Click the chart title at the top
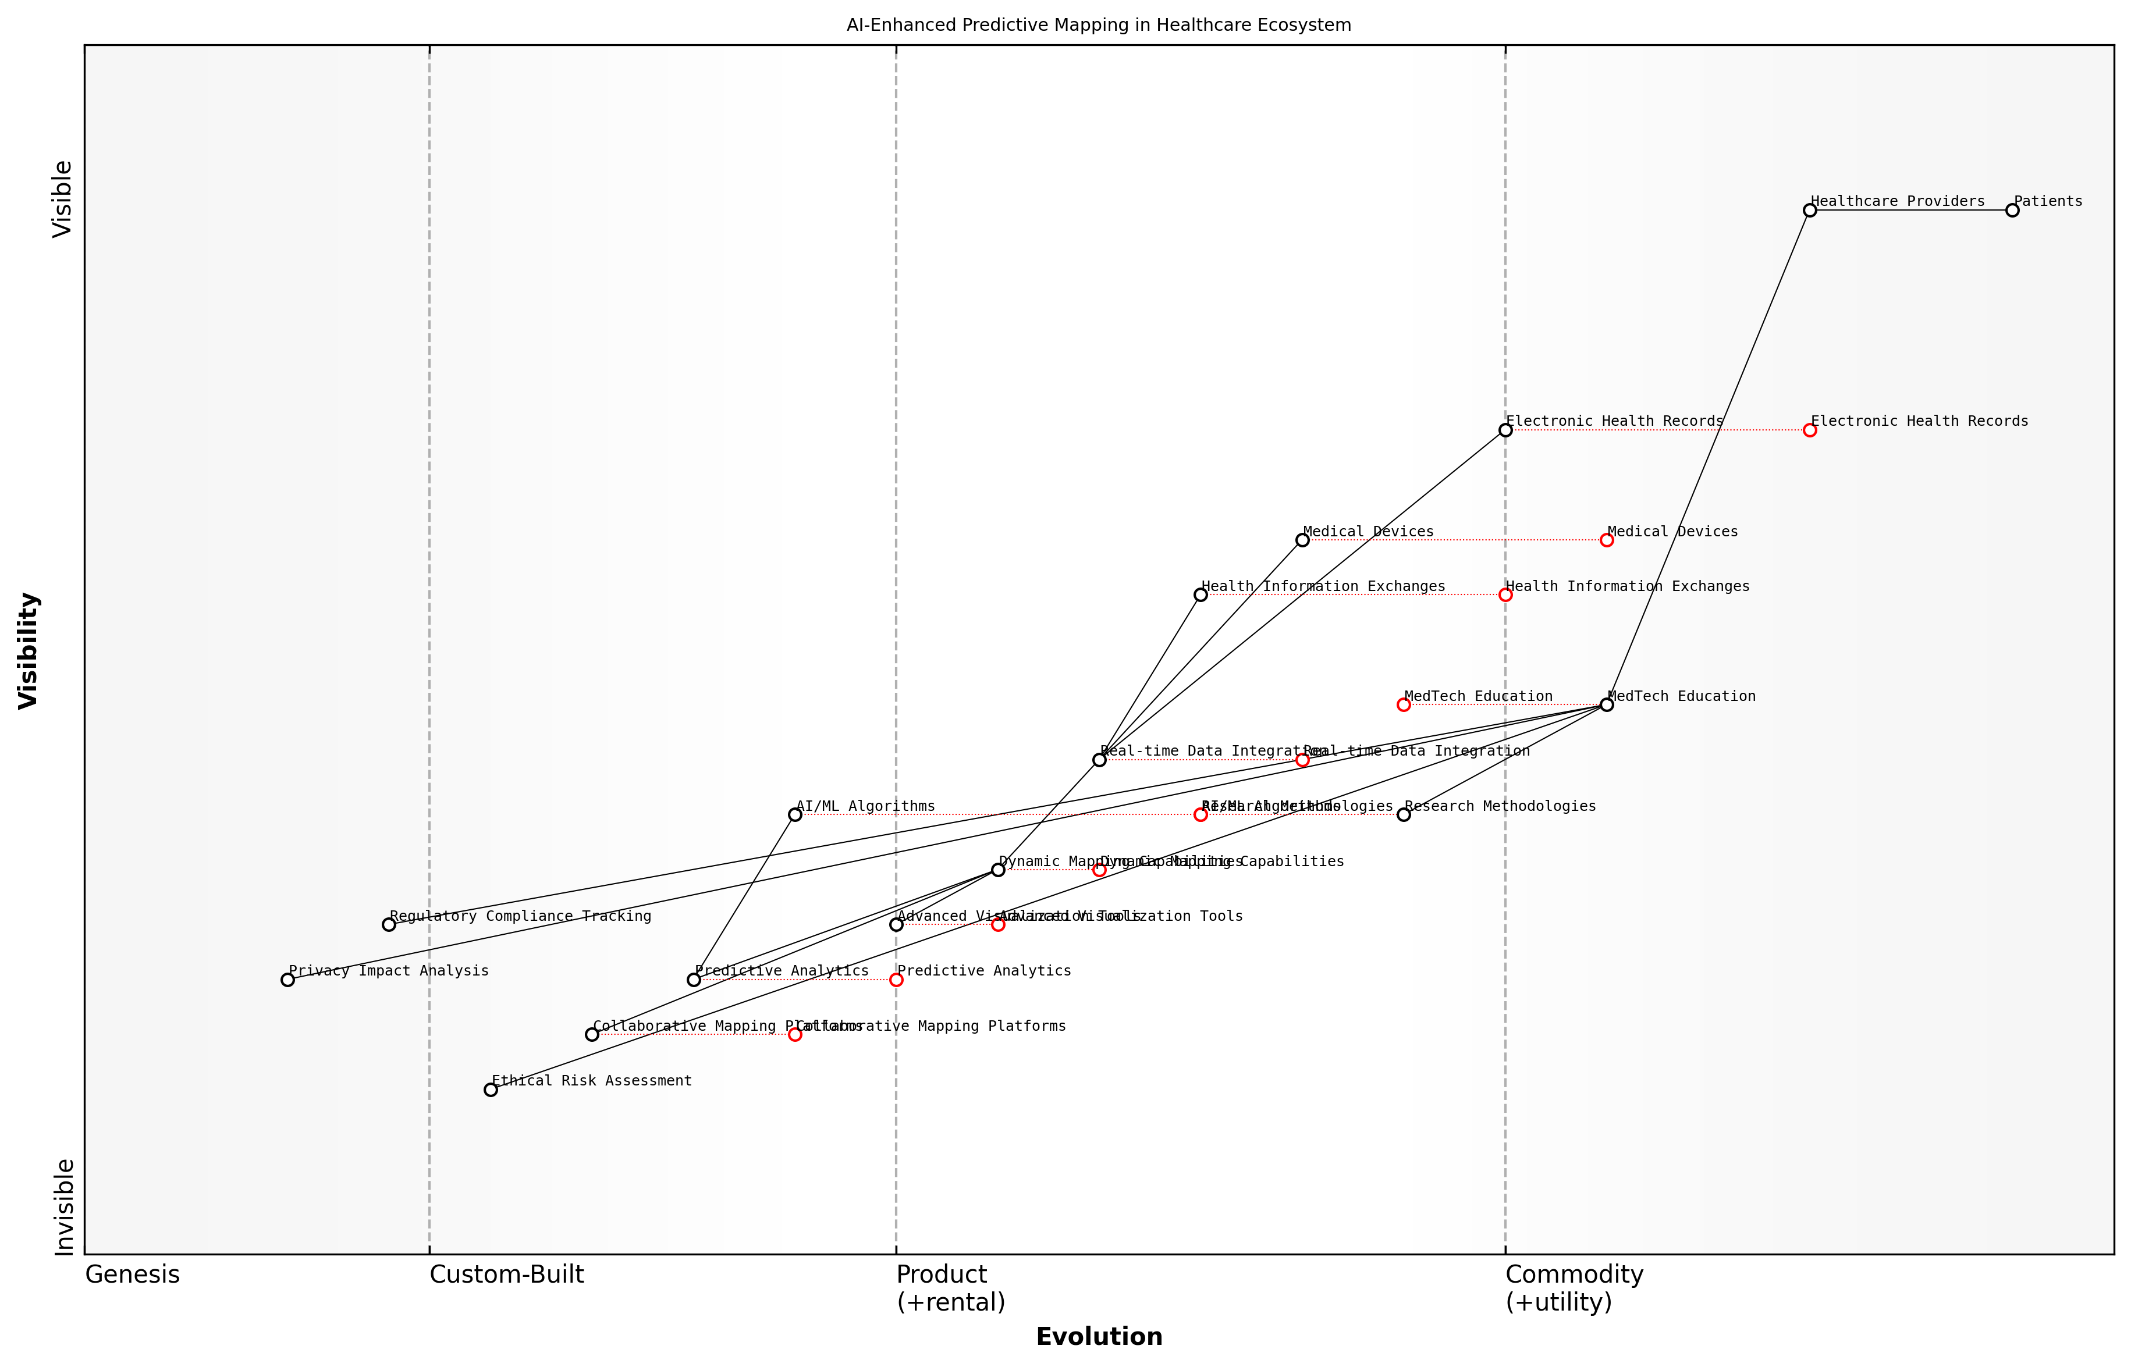tap(1098, 25)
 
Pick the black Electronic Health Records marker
tap(1505, 430)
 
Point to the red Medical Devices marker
tap(1606, 540)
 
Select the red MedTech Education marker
tap(1404, 705)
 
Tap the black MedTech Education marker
tap(1606, 705)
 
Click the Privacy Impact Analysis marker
tap(287, 980)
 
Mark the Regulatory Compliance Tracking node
tap(389, 925)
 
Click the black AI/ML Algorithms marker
tap(795, 815)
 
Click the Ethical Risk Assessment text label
tap(591, 1081)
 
